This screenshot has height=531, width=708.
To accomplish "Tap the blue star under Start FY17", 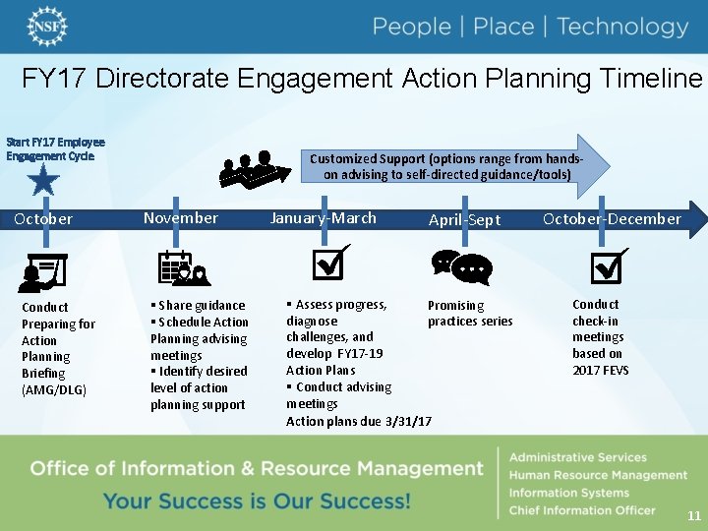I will pos(44,180).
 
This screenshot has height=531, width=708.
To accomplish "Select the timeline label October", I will pos(43,219).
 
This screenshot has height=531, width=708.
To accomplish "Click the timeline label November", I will pos(181,218).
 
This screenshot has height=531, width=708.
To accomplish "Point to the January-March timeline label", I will pos(324,218).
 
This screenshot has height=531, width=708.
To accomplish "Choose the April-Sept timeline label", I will pos(464,220).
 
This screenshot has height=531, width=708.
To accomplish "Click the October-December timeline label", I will pos(612,219).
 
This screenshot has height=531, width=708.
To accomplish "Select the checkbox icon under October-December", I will pos(608,264).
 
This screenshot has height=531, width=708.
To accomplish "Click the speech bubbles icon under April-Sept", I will pos(461,266).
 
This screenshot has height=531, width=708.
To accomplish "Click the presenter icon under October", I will pos(43,272).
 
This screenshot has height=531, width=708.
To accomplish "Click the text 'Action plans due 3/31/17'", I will pos(358,421).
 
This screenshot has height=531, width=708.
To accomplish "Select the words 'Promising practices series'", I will pos(469,314).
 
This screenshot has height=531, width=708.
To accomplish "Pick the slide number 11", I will pos(694,515).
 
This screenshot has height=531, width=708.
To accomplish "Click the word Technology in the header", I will pos(622,27).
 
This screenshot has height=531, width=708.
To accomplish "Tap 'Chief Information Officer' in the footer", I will pos(581,510).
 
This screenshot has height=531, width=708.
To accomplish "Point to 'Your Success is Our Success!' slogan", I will pos(257,501).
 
